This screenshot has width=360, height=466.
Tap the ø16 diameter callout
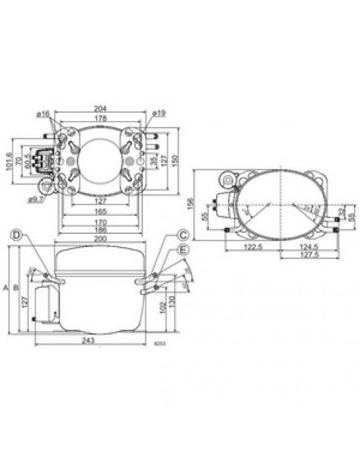[43, 114]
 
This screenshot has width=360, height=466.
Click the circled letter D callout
[16, 236]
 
